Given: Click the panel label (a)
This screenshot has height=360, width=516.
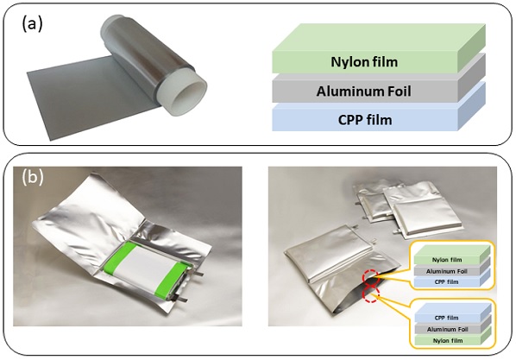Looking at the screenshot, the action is pyautogui.click(x=32, y=24).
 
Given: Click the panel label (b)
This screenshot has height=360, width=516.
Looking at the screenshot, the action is pyautogui.click(x=33, y=177).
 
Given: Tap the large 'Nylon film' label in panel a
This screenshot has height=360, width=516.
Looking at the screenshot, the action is pyautogui.click(x=364, y=62).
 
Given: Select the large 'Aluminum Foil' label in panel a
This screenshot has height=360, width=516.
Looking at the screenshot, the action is pyautogui.click(x=363, y=92).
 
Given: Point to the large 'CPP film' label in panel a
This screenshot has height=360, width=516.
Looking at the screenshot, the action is pyautogui.click(x=365, y=120).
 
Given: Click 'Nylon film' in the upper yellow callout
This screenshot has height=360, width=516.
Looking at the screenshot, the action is pyautogui.click(x=447, y=260).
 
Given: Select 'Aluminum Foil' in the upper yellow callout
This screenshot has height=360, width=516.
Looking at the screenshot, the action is pyautogui.click(x=447, y=271).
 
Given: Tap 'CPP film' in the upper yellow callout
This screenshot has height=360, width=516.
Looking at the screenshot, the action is pyautogui.click(x=447, y=282).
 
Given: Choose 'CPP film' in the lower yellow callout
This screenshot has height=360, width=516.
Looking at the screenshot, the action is pyautogui.click(x=447, y=318).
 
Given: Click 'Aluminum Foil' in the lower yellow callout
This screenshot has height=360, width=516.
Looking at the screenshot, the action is pyautogui.click(x=448, y=330).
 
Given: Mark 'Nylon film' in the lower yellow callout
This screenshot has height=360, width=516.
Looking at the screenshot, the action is pyautogui.click(x=448, y=340).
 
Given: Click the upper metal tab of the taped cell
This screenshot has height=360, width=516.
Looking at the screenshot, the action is pyautogui.click(x=196, y=273).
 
